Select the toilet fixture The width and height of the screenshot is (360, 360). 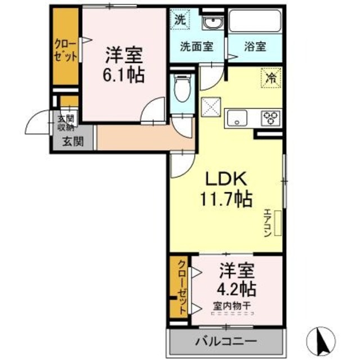coord(181,89)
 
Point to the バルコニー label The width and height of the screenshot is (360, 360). coord(226,341)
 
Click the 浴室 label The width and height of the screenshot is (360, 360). coord(254,47)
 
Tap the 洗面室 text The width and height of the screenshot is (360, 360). coord(196,47)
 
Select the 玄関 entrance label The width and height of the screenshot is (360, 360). coord(70,141)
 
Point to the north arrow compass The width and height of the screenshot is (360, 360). coord(322,340)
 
